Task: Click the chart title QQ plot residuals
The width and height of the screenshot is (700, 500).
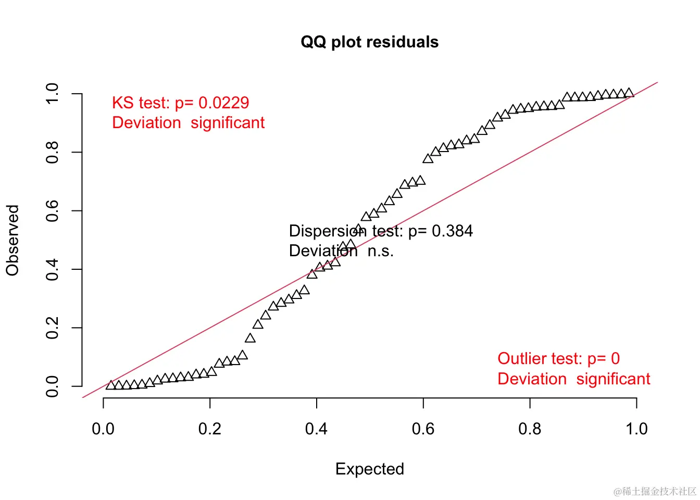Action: coord(369,42)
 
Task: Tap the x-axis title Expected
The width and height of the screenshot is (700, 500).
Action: coord(369,469)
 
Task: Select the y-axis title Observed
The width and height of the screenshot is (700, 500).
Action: coord(12,240)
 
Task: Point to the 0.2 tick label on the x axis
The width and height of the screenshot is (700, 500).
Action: coord(209,429)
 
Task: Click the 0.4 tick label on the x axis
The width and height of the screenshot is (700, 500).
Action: coord(316,429)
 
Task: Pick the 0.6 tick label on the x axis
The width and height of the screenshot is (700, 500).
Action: coord(423,429)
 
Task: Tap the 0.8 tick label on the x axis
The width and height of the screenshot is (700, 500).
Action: coord(530,429)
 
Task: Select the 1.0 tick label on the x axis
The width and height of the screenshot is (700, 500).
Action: coord(636,429)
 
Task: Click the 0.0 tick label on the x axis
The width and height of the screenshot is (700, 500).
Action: coord(103,429)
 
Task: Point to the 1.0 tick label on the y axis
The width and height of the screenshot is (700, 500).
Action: coord(52,94)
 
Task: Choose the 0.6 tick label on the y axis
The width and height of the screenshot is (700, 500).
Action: coord(52,211)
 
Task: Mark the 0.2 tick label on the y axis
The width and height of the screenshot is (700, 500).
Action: coord(52,328)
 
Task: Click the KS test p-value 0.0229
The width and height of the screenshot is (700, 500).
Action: coord(223,103)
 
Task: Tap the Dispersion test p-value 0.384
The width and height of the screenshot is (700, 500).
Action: coord(452,231)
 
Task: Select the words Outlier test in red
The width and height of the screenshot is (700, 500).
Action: coord(540,358)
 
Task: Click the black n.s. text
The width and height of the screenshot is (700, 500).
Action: coord(381,251)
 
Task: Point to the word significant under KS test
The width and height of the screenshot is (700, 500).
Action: coord(228,123)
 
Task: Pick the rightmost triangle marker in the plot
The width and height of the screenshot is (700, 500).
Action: coord(629,93)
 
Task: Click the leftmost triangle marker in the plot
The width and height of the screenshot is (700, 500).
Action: coord(110,385)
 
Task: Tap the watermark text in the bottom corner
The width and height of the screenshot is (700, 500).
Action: coord(655,491)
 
